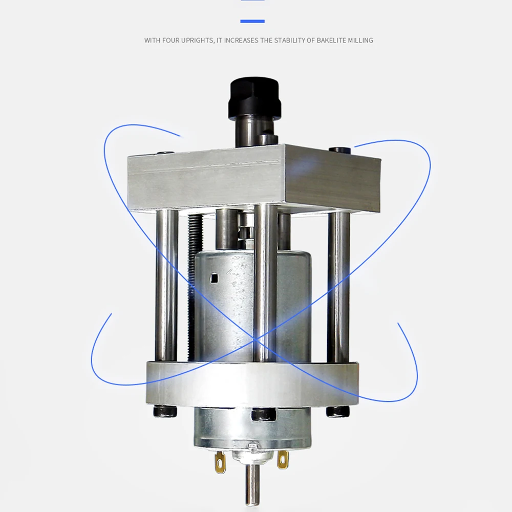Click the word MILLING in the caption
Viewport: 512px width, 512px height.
(360, 40)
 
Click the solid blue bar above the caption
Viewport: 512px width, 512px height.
(252, 21)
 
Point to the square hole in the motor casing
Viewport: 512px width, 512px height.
(214, 278)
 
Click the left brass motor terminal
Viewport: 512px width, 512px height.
(220, 461)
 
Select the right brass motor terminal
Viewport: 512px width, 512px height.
(283, 458)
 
